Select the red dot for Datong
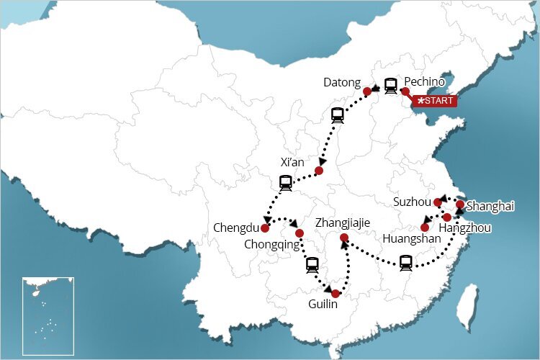(x=367, y=91)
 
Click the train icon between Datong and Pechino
(x=390, y=86)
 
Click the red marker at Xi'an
(x=319, y=171)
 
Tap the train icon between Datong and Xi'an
(x=337, y=114)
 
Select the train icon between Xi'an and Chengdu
(x=285, y=183)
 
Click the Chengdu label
(x=235, y=228)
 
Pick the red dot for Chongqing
(x=300, y=233)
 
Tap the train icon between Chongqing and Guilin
(x=312, y=264)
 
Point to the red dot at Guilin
(x=336, y=293)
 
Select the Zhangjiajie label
(x=343, y=223)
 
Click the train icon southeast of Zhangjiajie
(x=406, y=263)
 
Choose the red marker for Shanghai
(x=460, y=204)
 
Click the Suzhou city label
(x=412, y=202)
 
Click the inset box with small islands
(x=48, y=315)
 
